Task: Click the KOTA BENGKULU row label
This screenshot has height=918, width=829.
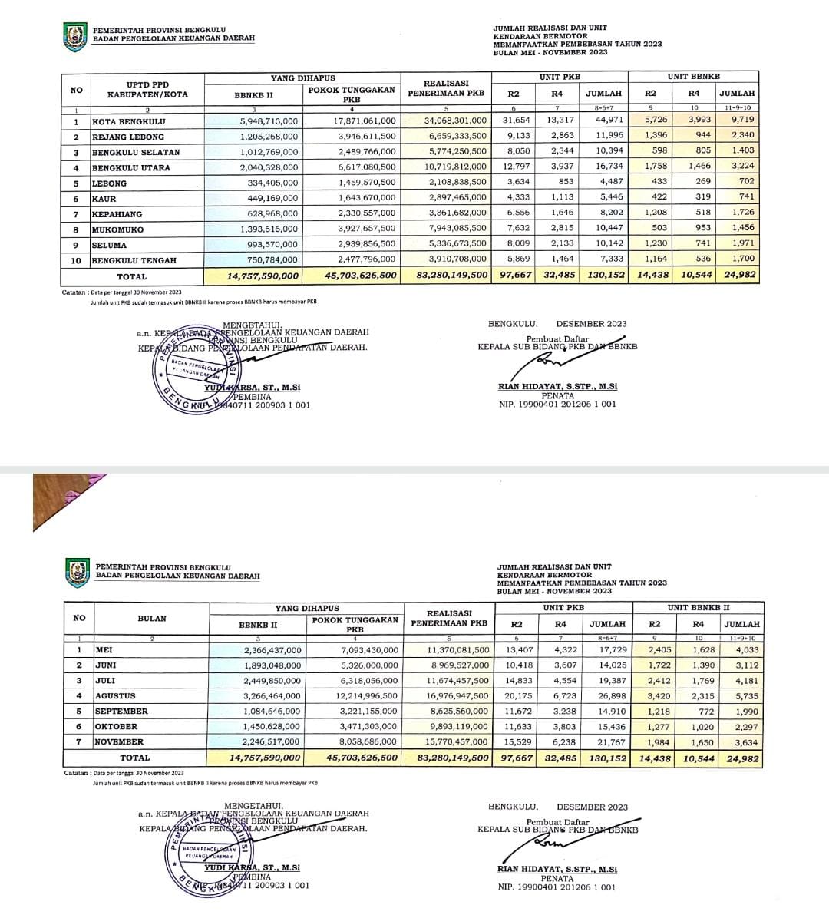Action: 128,122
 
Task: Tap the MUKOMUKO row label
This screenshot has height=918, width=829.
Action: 117,229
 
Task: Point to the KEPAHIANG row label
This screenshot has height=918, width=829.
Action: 117,214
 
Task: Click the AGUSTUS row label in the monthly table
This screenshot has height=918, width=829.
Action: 115,696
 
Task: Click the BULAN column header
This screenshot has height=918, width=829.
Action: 152,619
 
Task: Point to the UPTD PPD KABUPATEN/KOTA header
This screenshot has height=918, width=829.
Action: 147,90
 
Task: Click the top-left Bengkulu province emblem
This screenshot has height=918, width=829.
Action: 74,38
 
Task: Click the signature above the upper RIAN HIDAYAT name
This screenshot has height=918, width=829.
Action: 550,359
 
